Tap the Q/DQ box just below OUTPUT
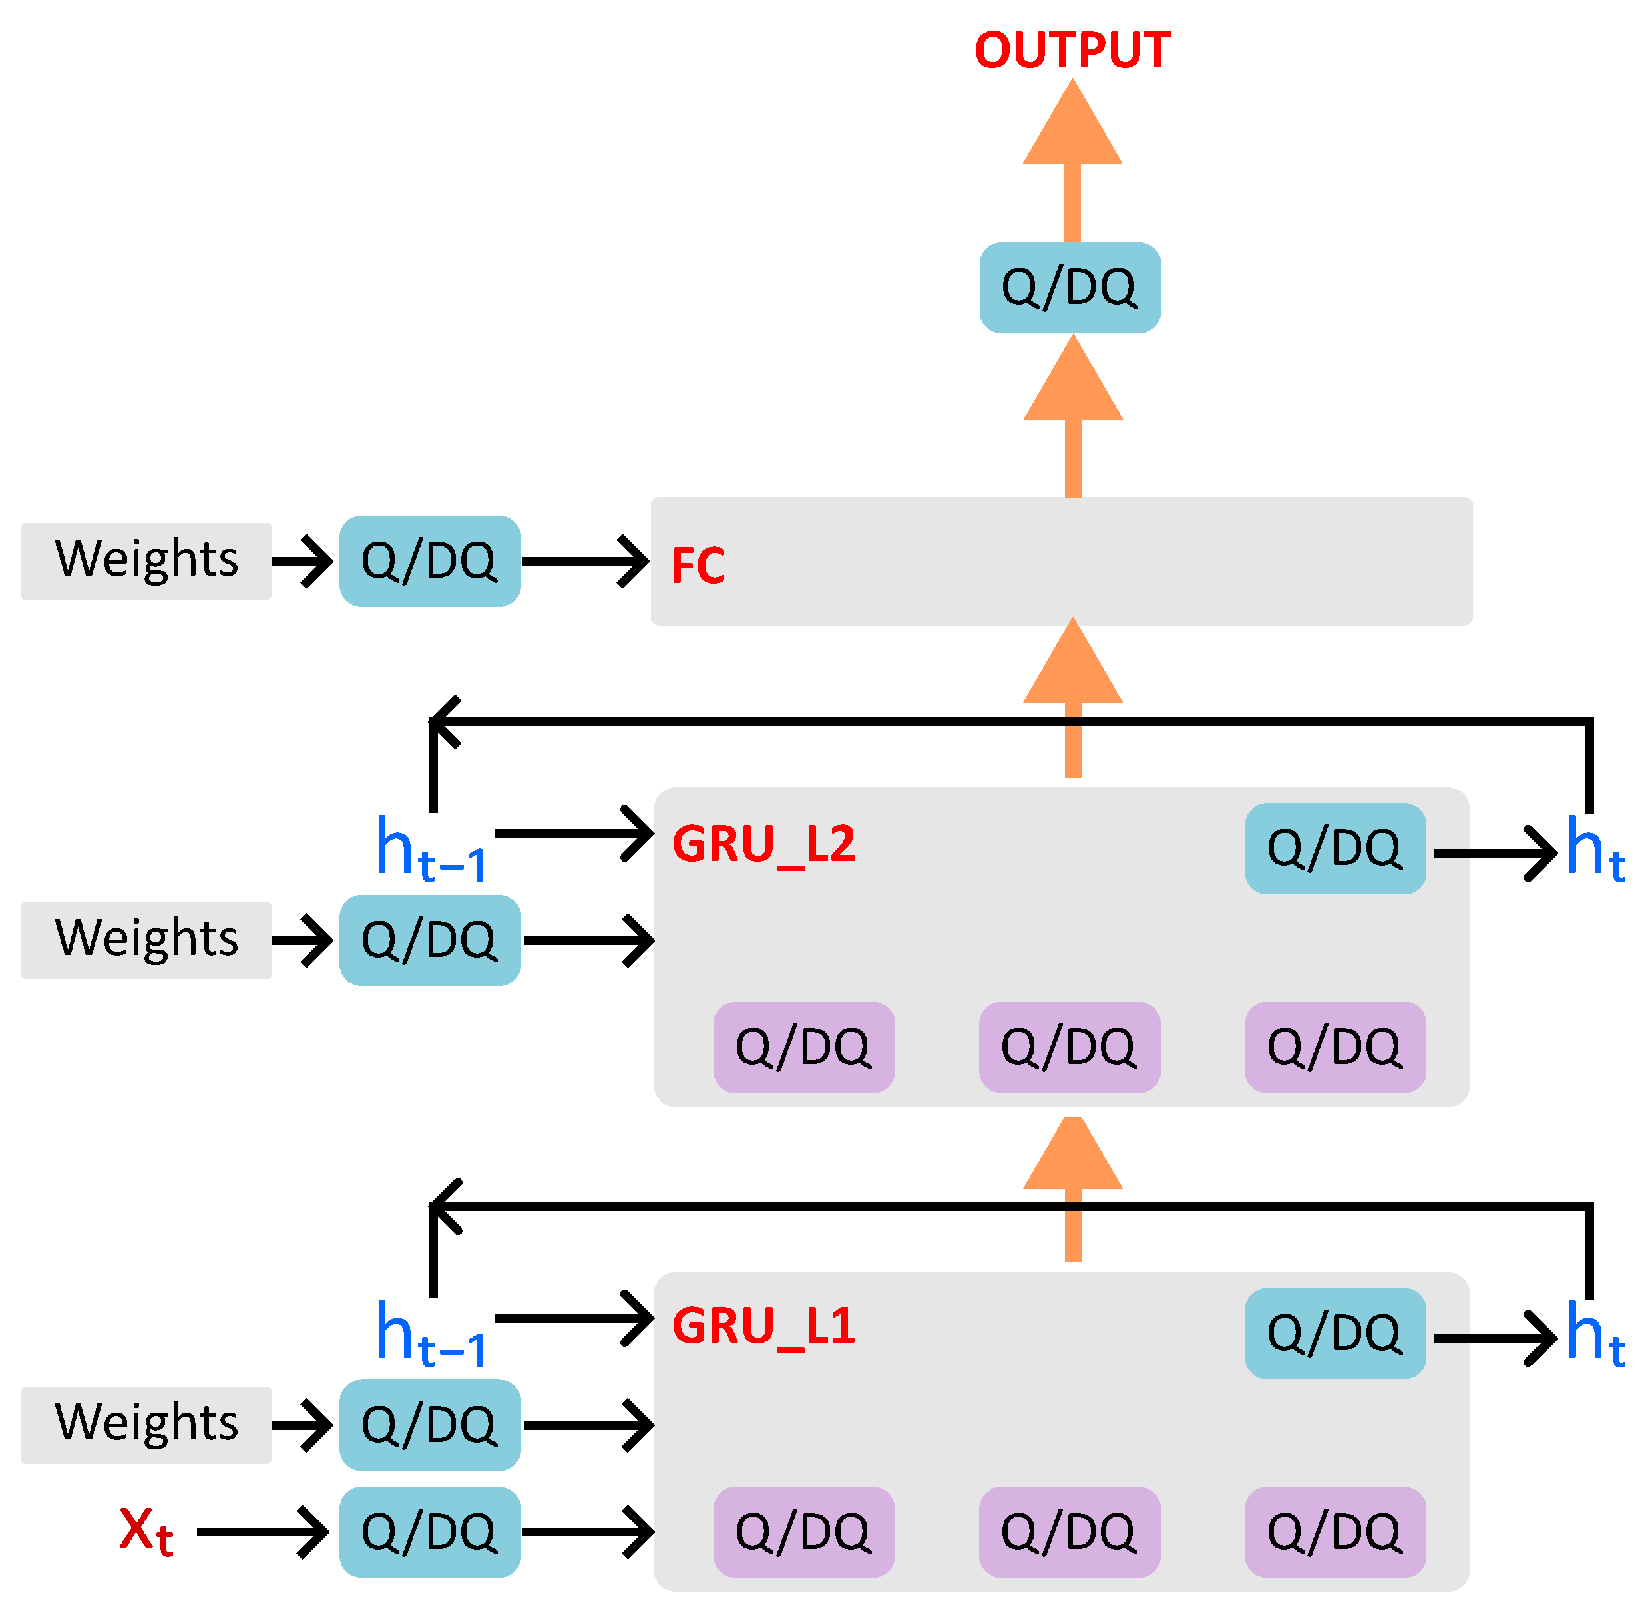coord(1070,287)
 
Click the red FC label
coord(698,566)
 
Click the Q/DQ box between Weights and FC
coord(429,560)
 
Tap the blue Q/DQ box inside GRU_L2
coord(1335,848)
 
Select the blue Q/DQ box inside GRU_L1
coord(1335,1334)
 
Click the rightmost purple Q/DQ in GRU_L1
coord(1335,1531)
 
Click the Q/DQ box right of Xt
coord(429,1531)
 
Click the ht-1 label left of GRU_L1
coord(429,1334)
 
